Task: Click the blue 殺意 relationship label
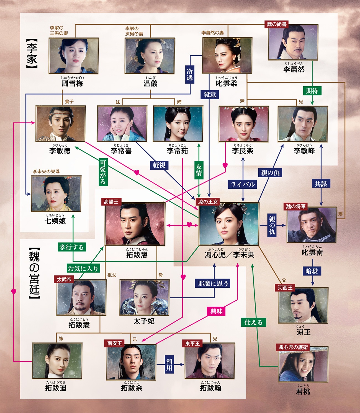point(210,95)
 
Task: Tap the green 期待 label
point(312,91)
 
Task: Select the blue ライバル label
point(243,185)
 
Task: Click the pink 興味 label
point(216,311)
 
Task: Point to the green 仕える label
point(254,322)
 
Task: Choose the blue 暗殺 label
point(312,271)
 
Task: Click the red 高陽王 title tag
point(111,202)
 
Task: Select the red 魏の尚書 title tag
point(277,24)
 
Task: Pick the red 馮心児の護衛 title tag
point(293,347)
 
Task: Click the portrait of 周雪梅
point(74,56)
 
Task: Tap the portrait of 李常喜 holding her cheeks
point(122,124)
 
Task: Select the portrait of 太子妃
point(145,297)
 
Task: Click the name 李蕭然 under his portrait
point(294,69)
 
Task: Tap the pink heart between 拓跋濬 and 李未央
point(189,225)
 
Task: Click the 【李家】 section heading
point(32,53)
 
